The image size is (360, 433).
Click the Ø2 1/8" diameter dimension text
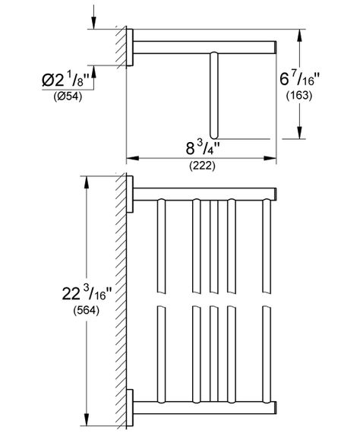click(66, 79)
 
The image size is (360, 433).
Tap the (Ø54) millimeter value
click(68, 96)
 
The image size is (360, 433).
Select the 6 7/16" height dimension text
click(299, 79)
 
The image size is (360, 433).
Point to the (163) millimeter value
click(299, 96)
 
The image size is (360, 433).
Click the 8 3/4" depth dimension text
click(202, 147)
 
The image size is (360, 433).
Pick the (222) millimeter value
click(202, 166)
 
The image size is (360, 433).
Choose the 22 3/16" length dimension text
click(87, 293)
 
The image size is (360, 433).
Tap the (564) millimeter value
click(87, 311)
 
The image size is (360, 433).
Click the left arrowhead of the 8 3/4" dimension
click(132, 158)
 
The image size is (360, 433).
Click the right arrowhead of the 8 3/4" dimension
click(270, 158)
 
